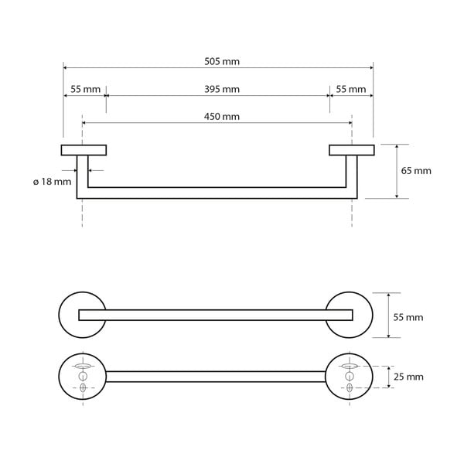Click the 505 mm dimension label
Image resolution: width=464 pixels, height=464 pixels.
[221, 62]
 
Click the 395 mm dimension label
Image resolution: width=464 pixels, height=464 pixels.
[221, 89]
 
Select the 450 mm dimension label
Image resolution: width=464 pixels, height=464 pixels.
[221, 116]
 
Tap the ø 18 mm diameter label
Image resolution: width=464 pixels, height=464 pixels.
[52, 181]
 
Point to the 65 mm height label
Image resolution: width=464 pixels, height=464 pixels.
[416, 171]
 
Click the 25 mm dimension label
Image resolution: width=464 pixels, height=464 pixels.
[409, 377]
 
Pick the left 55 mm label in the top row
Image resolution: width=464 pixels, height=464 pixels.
[85, 89]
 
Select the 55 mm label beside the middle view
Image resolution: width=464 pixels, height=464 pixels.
[409, 317]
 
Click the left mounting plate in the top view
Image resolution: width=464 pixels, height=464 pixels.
[84, 150]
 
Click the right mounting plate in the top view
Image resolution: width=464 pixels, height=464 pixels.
[351, 150]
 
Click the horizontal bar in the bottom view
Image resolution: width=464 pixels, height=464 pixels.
[216, 377]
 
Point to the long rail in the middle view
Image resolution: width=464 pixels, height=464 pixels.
[216, 314]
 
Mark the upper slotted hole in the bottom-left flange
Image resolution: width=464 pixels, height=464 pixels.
[83, 364]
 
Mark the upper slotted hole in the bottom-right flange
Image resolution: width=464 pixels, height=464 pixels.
[349, 364]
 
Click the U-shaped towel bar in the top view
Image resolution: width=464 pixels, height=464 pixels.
[216, 193]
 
